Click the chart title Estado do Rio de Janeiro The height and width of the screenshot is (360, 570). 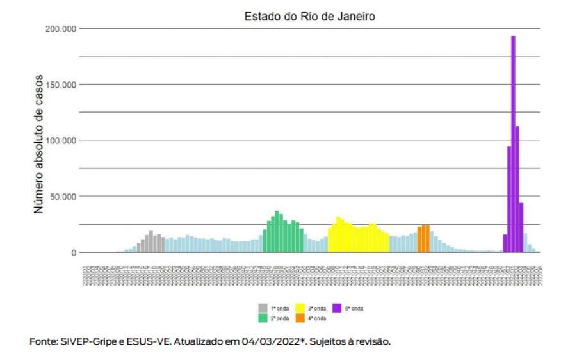310,17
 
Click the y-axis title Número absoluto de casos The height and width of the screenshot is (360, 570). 39,144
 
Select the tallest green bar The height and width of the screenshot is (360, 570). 277,231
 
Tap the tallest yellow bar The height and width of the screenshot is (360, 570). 339,234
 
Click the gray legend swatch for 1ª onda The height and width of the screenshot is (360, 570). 263,308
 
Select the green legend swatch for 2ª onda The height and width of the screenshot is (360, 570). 263,318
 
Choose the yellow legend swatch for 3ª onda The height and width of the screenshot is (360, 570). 300,308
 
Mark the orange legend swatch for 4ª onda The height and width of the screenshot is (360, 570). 300,318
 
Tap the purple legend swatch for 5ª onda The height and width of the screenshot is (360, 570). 337,308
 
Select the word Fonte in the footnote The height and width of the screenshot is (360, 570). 43,341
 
